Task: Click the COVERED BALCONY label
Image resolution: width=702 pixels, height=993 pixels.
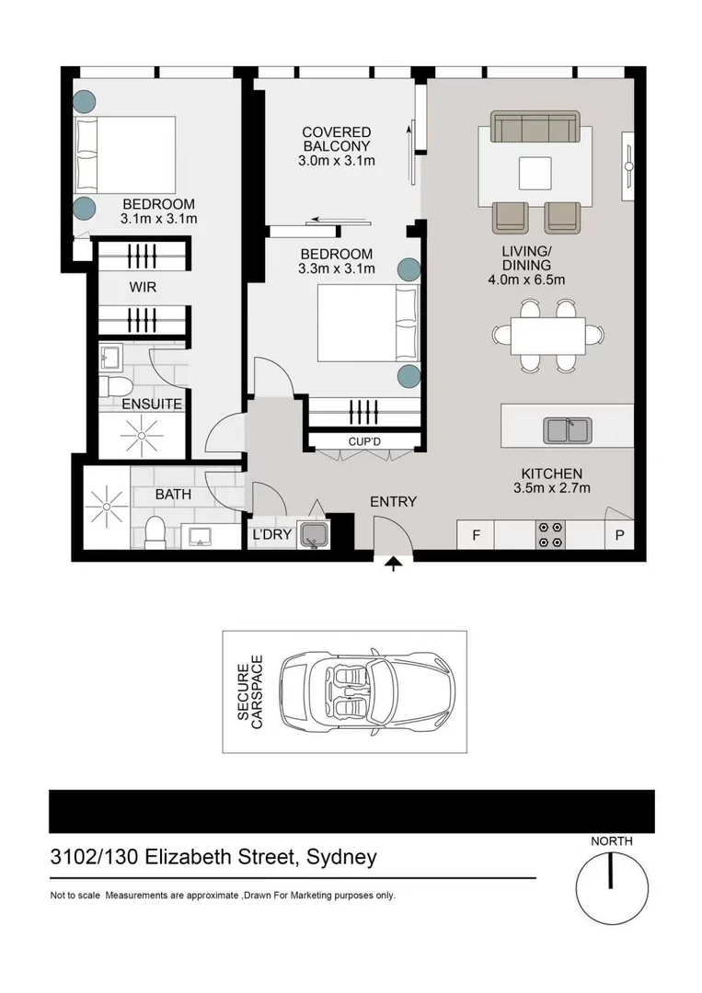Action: tap(337, 140)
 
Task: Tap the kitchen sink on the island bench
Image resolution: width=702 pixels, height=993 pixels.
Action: tap(567, 430)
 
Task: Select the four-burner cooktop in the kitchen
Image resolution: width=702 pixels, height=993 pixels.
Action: tap(550, 534)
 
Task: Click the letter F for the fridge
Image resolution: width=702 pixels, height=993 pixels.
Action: tap(476, 535)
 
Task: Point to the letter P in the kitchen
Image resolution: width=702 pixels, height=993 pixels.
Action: tap(619, 536)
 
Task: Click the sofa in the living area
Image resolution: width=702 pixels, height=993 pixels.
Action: tap(535, 127)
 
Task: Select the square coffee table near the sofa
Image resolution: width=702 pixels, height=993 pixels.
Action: tap(535, 173)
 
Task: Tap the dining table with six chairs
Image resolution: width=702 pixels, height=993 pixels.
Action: tap(548, 336)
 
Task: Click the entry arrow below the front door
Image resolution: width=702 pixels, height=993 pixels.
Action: tap(394, 564)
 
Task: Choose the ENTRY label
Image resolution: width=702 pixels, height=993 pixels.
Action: tap(394, 502)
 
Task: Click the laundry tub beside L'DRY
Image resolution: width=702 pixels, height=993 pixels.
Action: tap(313, 534)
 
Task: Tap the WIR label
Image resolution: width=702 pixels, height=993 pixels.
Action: tap(143, 287)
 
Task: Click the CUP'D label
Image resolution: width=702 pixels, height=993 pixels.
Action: tap(364, 441)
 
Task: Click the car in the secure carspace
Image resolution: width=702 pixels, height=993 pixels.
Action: tap(367, 691)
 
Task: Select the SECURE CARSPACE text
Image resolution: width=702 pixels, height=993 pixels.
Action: tap(249, 691)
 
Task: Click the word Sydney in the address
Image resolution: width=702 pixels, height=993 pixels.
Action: tap(341, 858)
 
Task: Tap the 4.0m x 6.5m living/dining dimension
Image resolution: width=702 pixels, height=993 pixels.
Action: tap(526, 280)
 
